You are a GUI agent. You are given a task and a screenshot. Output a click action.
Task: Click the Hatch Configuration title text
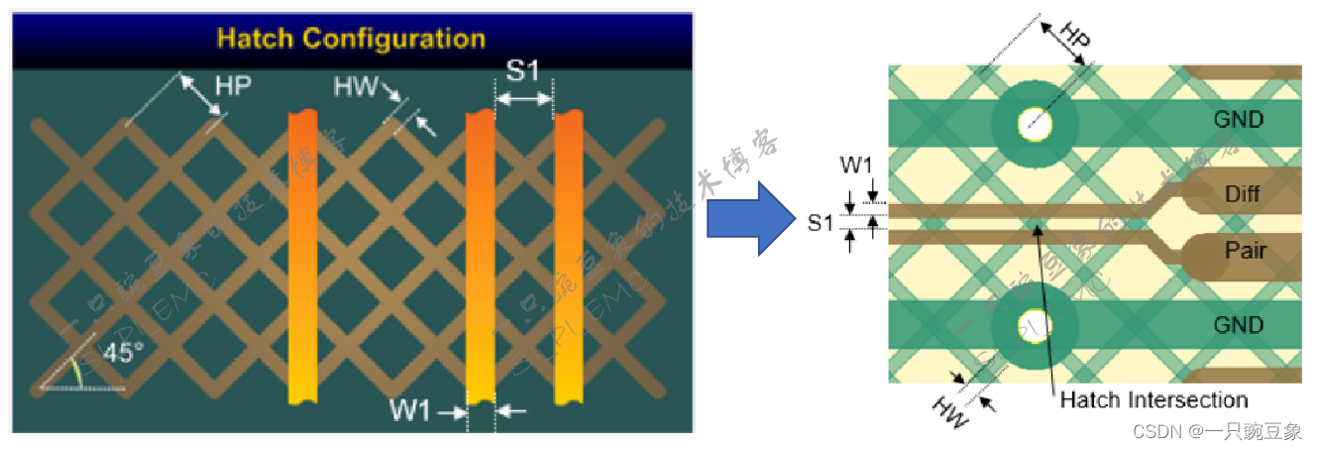point(351,40)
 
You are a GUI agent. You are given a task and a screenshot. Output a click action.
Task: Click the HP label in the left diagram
point(233,86)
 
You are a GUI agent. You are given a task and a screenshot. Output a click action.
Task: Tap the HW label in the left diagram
point(355,88)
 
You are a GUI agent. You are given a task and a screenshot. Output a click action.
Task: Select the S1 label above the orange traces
point(522,71)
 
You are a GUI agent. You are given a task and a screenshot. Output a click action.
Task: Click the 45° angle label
point(124,353)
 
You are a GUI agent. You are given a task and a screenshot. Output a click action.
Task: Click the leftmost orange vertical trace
point(302,258)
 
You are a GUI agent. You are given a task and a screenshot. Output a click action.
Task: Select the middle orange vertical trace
point(480,258)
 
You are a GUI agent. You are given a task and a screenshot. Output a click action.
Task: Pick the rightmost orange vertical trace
point(569,258)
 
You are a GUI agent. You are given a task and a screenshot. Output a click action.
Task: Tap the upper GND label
point(1239,120)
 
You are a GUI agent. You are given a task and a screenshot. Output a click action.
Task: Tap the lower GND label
point(1239,326)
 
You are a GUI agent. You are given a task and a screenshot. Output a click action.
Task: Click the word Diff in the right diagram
point(1242,194)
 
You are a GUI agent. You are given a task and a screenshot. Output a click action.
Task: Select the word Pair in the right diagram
point(1245,250)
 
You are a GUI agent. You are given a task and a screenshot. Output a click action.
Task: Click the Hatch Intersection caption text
point(1153,400)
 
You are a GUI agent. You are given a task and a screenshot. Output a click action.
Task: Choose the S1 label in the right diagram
point(820,223)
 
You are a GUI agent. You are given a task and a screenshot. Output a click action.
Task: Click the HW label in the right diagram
point(950,409)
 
